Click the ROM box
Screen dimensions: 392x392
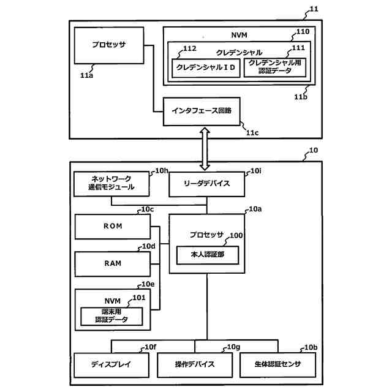pos(113,227)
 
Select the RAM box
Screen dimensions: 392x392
pos(113,263)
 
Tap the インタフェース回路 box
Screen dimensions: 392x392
pos(201,111)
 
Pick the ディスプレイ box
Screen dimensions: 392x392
pos(111,365)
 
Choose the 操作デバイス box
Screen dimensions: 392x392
pos(195,365)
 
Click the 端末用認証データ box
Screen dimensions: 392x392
pos(112,315)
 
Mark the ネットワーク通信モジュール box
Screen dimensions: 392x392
pos(111,183)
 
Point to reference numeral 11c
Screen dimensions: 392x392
pos(252,131)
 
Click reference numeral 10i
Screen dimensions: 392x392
pos(255,171)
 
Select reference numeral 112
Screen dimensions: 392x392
pos(189,49)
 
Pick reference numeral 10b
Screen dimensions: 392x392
pos(311,347)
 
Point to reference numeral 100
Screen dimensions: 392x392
pos(236,235)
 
